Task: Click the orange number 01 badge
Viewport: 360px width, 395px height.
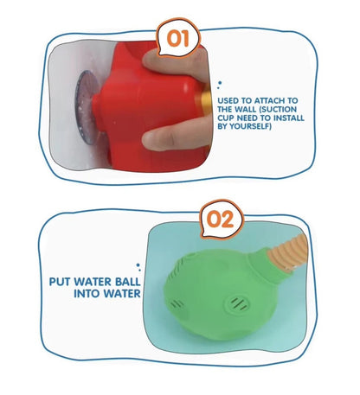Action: point(178,38)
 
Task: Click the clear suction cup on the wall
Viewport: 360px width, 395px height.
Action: point(86,106)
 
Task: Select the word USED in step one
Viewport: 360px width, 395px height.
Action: point(228,101)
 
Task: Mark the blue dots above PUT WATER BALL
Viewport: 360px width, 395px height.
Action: point(138,267)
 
